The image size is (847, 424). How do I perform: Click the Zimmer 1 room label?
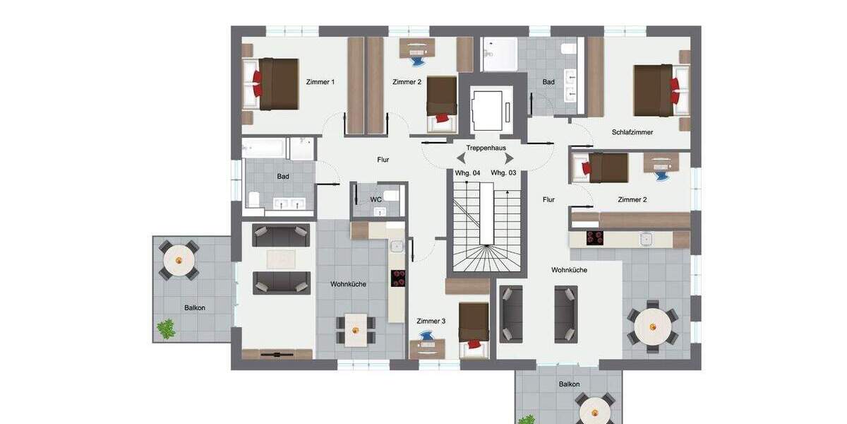[320, 82]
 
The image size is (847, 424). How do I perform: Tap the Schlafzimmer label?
[632, 132]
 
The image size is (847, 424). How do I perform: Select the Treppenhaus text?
[486, 148]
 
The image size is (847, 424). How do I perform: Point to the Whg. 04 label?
[467, 173]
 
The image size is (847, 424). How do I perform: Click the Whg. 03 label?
[503, 173]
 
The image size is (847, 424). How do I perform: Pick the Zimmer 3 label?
[431, 321]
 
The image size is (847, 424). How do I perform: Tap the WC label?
[376, 199]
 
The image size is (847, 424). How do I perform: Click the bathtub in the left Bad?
[265, 148]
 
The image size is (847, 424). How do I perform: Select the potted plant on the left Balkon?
[167, 329]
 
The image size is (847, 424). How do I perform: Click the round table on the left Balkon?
[179, 261]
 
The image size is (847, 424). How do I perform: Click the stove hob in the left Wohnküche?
[399, 278]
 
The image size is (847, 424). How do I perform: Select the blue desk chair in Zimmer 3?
[428, 336]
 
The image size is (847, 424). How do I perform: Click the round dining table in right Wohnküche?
[653, 327]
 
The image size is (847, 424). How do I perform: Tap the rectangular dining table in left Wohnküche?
[355, 329]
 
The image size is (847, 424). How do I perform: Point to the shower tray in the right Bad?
[500, 54]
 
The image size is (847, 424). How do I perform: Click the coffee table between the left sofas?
[281, 259]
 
